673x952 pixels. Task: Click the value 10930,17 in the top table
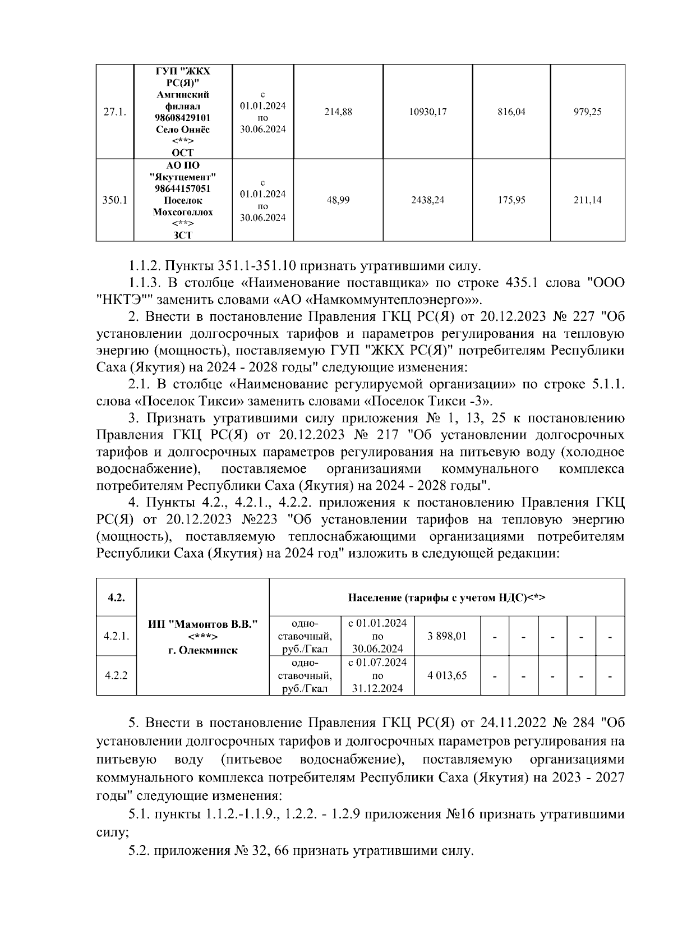pyautogui.click(x=427, y=112)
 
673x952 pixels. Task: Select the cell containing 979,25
pyautogui.click(x=587, y=112)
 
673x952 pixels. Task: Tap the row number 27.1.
pyautogui.click(x=115, y=112)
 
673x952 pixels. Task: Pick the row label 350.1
pyautogui.click(x=115, y=200)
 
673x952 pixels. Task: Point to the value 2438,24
pyautogui.click(x=427, y=200)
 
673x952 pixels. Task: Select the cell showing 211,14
pyautogui.click(x=587, y=200)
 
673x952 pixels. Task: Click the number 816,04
pyautogui.click(x=511, y=112)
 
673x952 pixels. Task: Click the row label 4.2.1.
pyautogui.click(x=117, y=637)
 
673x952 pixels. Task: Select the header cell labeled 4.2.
pyautogui.click(x=116, y=597)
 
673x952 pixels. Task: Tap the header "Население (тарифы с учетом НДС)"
pyautogui.click(x=446, y=597)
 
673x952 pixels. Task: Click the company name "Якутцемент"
pyautogui.click(x=183, y=177)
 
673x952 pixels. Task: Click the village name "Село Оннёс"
pyautogui.click(x=182, y=130)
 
